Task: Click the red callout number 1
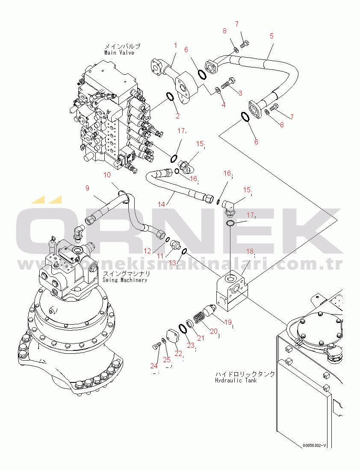(175, 45)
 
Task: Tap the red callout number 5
(271, 36)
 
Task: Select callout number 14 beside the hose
(161, 205)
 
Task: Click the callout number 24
(154, 365)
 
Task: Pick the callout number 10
(107, 175)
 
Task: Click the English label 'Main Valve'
(119, 53)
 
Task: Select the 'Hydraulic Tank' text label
(236, 380)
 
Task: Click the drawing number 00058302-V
(314, 445)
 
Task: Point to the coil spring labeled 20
(198, 319)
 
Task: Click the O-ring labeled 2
(170, 97)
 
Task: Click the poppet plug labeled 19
(210, 311)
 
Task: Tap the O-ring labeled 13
(184, 251)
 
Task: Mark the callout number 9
(87, 188)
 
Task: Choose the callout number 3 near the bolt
(240, 93)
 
